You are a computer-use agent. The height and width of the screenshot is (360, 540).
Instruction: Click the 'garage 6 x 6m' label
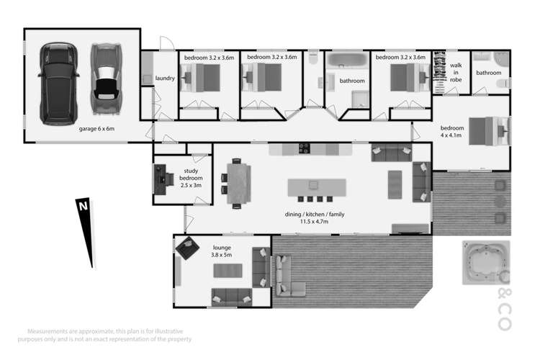coord(96,129)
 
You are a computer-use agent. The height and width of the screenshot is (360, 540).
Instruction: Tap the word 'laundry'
coord(165,78)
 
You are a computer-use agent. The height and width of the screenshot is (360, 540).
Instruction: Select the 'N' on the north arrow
coord(84,207)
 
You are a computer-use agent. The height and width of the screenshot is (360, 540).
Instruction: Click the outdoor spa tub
coord(485,263)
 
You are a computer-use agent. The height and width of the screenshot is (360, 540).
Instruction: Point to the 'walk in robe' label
coord(456,72)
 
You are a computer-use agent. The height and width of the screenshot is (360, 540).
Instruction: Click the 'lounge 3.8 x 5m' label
coord(222,251)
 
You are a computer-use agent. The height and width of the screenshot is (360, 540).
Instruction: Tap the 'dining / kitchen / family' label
coord(315,215)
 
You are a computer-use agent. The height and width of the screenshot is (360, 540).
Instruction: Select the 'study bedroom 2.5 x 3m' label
coord(191,178)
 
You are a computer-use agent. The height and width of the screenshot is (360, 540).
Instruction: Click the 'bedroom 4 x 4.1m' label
coord(452,132)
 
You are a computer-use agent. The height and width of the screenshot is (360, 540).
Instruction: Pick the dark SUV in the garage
coord(58,84)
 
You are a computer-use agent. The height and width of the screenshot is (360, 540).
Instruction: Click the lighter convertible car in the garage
coord(106,78)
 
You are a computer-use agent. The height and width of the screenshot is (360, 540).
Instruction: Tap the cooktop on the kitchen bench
coord(305,148)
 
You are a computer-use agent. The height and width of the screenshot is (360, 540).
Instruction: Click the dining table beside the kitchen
coord(238,184)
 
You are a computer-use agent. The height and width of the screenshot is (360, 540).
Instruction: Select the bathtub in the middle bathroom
coord(347,60)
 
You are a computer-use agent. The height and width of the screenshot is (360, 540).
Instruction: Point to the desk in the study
coord(160,179)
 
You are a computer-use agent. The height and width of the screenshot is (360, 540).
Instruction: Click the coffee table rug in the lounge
coord(228,271)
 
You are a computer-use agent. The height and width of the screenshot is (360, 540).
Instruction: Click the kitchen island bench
coord(317,187)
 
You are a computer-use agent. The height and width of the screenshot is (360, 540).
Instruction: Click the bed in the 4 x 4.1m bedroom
coord(489,131)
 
